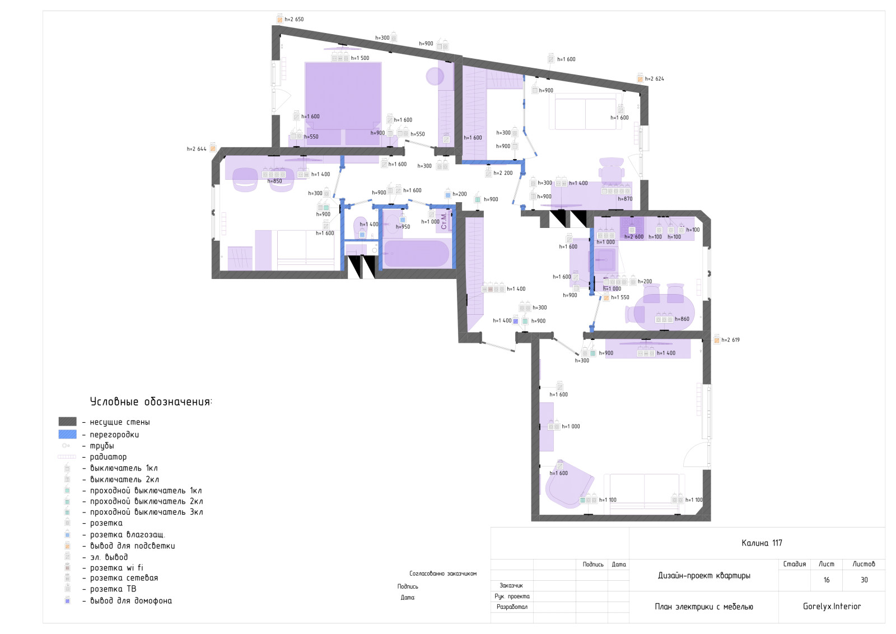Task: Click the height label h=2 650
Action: [294, 19]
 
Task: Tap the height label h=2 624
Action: [655, 79]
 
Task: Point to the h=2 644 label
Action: [197, 149]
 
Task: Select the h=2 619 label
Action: [730, 340]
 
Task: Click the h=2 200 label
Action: [503, 173]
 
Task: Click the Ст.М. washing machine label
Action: [444, 221]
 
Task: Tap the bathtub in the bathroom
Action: [416, 253]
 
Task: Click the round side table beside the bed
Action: [435, 76]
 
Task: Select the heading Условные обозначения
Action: [151, 402]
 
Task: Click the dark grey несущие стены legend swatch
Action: [67, 422]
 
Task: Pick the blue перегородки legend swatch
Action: [67, 435]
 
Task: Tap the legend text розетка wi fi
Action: [116, 567]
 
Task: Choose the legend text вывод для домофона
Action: [131, 600]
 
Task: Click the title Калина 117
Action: [762, 543]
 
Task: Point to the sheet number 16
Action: [827, 580]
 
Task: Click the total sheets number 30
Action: [864, 580]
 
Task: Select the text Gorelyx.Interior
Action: [832, 607]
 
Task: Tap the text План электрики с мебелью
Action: [703, 607]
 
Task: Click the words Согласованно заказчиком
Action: [443, 574]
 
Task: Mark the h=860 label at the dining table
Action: [682, 319]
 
